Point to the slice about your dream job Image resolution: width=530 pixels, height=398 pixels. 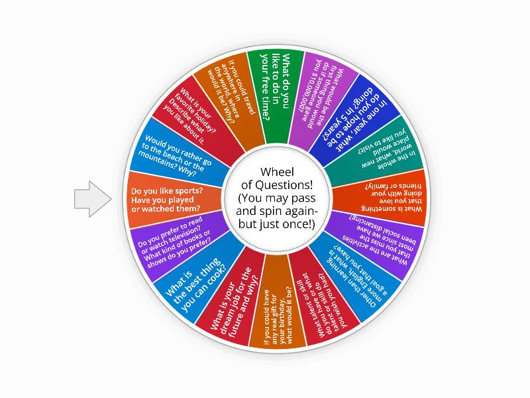point(232,301)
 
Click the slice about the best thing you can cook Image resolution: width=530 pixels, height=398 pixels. point(196,279)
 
